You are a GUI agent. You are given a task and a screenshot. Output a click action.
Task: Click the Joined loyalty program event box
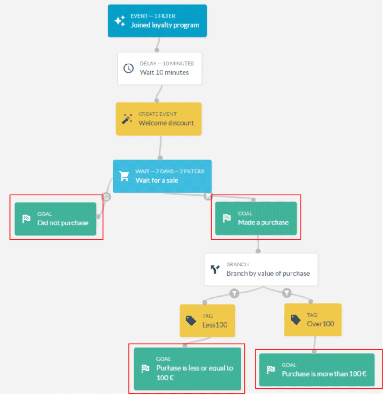tap(157, 21)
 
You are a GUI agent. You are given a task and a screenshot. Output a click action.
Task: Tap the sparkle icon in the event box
tap(120, 21)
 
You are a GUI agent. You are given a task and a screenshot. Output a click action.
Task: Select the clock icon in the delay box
tap(128, 68)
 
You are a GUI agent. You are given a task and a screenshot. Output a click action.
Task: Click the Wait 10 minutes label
tap(164, 72)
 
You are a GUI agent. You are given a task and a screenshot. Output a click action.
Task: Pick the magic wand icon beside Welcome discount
tap(127, 119)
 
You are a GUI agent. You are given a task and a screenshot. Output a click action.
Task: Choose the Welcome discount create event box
tap(159, 119)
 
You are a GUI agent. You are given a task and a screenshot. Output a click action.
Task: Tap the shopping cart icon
tap(124, 176)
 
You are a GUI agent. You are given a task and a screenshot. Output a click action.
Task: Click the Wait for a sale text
tap(157, 180)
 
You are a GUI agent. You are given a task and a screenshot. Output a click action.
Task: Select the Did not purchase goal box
tap(56, 219)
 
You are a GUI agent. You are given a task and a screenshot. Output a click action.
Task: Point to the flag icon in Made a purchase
tap(227, 218)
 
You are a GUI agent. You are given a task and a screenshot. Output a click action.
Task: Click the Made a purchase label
tap(263, 222)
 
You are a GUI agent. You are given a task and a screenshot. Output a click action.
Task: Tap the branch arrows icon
tap(215, 269)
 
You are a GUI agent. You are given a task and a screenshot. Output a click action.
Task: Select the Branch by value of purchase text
tap(268, 273)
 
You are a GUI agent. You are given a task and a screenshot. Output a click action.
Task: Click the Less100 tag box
tap(207, 320)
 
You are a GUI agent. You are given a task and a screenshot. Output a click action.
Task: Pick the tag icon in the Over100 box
tap(296, 319)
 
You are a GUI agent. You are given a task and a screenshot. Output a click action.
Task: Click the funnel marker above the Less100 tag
tap(234, 293)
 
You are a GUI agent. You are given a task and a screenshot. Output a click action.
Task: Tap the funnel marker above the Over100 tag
tap(287, 293)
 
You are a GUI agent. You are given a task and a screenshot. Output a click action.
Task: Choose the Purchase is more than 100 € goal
tap(317, 370)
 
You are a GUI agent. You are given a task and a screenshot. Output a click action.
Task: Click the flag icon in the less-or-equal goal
tap(145, 369)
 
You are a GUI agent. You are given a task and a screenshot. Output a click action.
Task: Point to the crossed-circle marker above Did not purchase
tap(106, 197)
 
